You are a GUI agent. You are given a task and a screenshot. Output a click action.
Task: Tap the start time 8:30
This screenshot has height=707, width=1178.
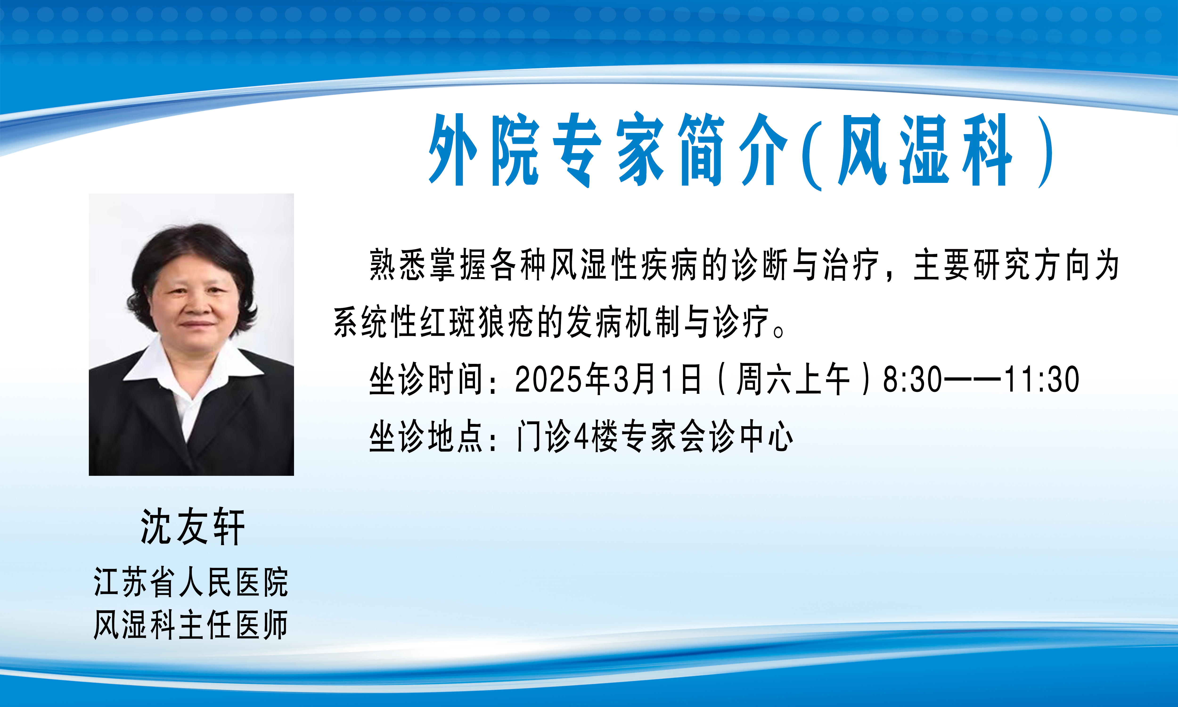click(912, 380)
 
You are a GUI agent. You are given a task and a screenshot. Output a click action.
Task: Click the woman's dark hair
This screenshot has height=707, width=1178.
click(190, 252)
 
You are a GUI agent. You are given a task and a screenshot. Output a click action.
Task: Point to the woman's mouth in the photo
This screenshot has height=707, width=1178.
click(196, 325)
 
